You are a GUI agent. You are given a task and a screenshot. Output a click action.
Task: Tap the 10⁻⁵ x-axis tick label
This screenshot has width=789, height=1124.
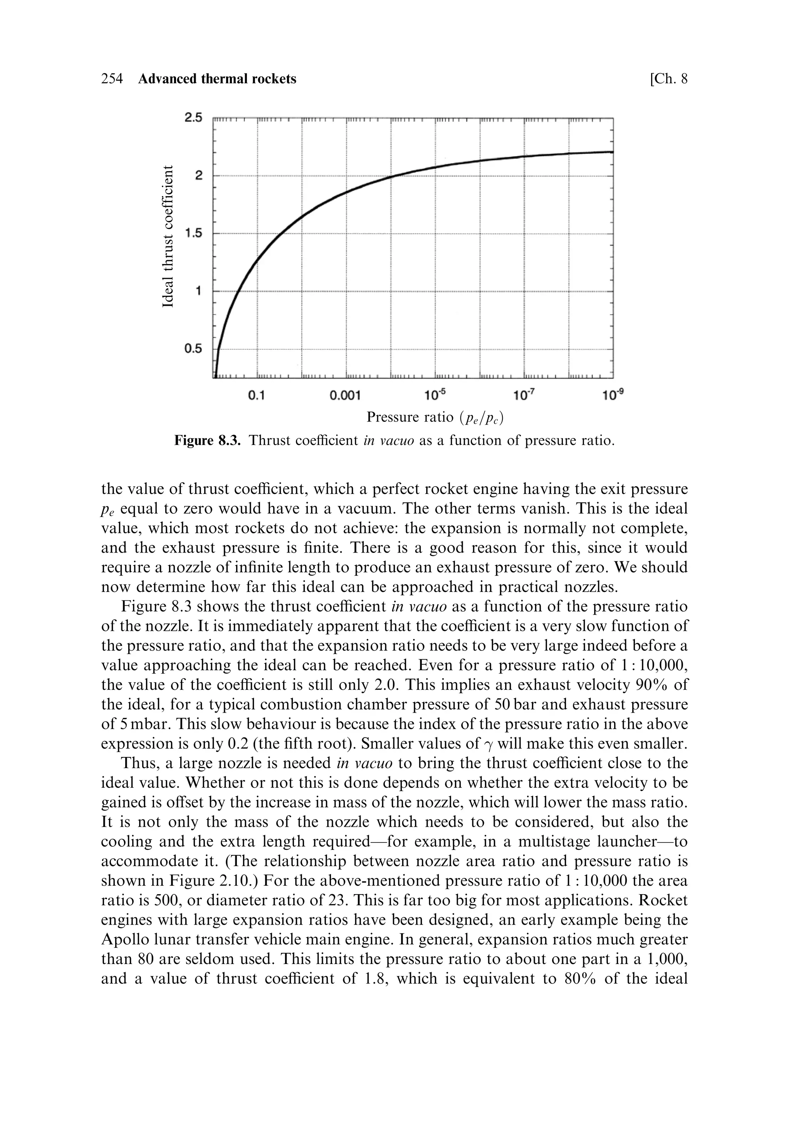[x=435, y=394]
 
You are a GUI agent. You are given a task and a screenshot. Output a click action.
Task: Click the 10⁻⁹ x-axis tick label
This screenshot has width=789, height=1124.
[x=613, y=394]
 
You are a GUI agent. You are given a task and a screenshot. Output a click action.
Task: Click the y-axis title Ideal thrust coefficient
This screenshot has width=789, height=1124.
[x=168, y=236]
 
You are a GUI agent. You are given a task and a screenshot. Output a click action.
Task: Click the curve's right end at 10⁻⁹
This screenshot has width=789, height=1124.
[x=613, y=152]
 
